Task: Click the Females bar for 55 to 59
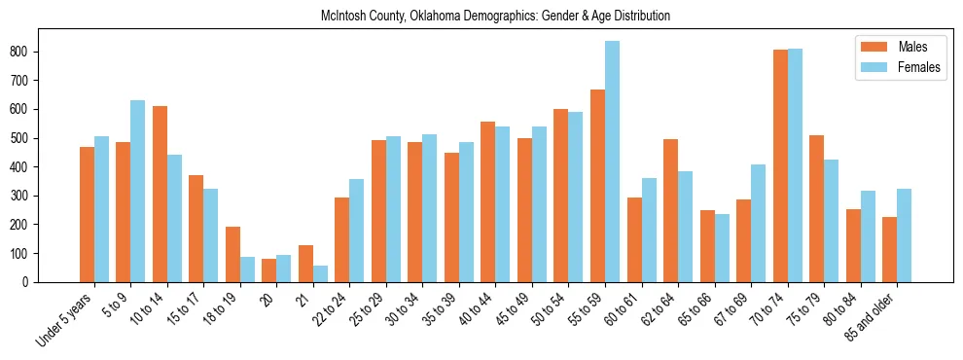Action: click(x=613, y=162)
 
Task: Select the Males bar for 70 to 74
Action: click(x=780, y=165)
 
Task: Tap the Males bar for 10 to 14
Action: click(x=160, y=194)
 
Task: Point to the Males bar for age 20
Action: click(x=269, y=270)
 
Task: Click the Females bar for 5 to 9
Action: click(x=138, y=191)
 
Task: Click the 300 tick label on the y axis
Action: click(x=27, y=196)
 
